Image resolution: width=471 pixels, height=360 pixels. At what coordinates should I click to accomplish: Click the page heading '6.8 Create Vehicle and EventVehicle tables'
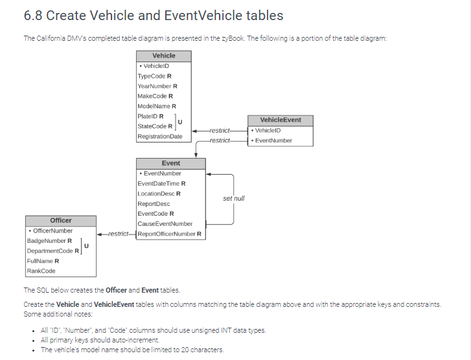153,16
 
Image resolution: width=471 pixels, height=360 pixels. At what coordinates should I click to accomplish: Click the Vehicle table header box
164,56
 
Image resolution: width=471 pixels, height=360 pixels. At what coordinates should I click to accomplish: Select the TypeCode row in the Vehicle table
154,76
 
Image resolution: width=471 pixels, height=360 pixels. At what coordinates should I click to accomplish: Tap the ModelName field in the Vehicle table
157,106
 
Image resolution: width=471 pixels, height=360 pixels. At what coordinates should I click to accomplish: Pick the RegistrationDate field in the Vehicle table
160,137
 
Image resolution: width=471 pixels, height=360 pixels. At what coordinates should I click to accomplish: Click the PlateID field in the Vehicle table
150,117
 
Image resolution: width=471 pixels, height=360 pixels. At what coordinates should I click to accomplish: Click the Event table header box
171,163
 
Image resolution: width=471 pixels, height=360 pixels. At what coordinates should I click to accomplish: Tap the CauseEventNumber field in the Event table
165,224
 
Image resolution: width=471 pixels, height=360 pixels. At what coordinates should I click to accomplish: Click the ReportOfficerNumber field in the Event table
170,234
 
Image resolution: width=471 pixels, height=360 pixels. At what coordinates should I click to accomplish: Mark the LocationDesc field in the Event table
159,194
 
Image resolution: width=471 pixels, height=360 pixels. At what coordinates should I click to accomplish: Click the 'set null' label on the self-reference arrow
234,199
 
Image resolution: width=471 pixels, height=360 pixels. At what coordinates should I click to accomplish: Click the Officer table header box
61,221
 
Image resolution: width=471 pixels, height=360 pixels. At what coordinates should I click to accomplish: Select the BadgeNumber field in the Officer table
49,241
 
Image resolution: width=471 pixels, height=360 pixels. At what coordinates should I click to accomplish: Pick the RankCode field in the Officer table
41,271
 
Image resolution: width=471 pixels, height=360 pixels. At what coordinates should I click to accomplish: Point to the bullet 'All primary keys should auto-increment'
100,340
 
